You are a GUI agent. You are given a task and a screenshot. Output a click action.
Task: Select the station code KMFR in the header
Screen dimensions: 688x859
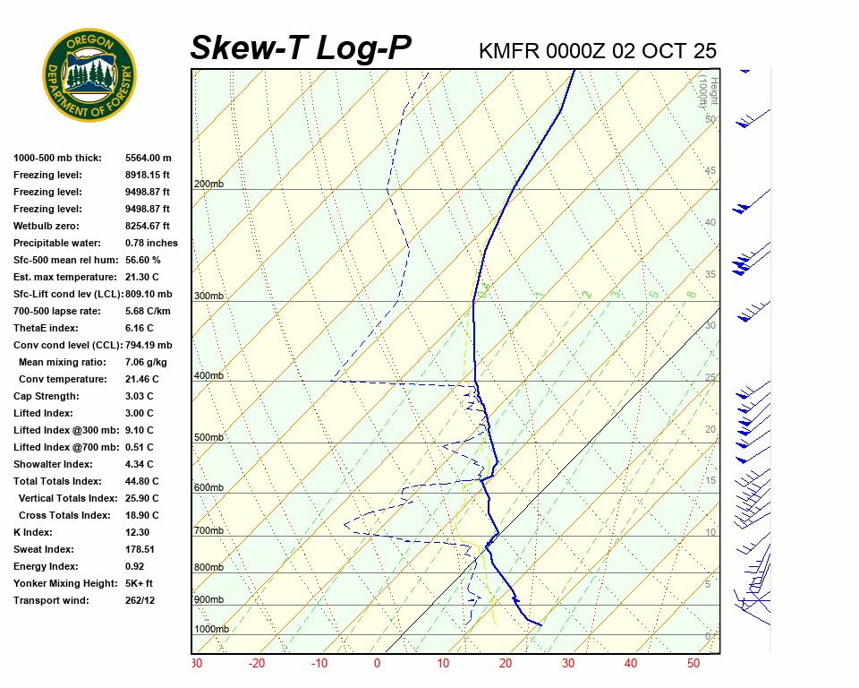(x=509, y=50)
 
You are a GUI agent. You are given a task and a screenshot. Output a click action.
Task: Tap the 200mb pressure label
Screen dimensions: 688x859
(x=208, y=185)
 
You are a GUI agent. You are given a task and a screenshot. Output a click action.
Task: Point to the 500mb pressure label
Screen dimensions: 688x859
(x=208, y=438)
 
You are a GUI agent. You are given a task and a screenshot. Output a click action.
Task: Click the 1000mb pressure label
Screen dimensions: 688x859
(x=211, y=630)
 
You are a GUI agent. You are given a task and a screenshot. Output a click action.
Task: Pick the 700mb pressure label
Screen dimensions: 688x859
(x=208, y=531)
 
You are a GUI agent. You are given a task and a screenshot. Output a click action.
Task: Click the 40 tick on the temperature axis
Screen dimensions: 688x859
(x=631, y=664)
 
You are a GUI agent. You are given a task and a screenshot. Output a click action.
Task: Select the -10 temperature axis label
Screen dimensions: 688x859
(x=319, y=664)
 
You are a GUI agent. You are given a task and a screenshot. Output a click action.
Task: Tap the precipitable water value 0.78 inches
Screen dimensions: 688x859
(x=151, y=243)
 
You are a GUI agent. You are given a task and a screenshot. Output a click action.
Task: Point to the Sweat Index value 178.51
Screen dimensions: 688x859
(x=140, y=549)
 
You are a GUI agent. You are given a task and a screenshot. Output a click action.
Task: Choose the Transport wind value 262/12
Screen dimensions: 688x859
(x=140, y=600)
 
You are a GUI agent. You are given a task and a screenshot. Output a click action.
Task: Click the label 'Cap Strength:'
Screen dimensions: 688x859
(x=47, y=396)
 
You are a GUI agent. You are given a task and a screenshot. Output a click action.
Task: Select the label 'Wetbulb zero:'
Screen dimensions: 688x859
(x=47, y=226)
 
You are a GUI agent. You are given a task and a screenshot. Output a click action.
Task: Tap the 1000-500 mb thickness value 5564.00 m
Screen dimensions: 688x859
(x=148, y=158)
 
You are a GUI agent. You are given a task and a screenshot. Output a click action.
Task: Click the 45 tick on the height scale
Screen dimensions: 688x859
(x=710, y=171)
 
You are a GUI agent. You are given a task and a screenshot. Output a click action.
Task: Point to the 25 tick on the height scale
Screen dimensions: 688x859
(x=710, y=378)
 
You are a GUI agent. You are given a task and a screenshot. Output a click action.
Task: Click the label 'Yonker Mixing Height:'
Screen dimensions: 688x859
(x=65, y=583)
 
